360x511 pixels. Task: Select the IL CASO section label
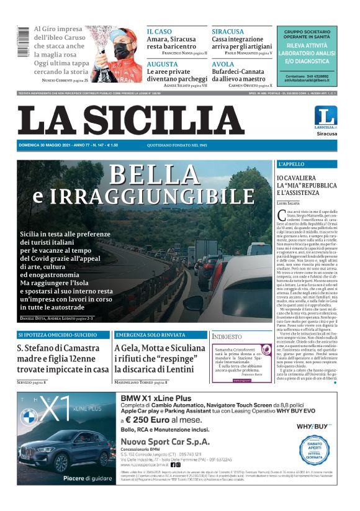(160, 31)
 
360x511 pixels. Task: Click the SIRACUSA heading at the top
(228, 31)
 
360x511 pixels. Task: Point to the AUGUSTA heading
(163, 64)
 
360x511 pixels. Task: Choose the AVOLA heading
(223, 64)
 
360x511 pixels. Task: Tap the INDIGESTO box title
(227, 337)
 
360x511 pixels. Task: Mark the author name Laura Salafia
(289, 203)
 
